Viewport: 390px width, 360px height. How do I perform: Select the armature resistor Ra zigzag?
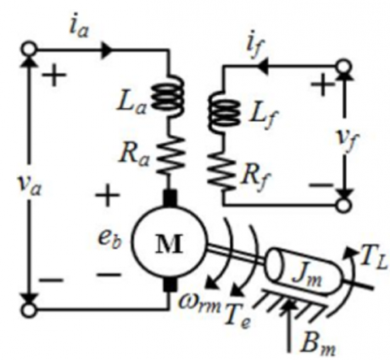(170, 155)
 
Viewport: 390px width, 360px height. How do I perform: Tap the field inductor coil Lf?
(224, 112)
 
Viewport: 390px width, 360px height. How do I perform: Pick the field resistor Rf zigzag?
(222, 170)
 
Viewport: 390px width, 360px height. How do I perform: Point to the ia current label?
(79, 28)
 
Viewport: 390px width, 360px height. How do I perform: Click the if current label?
(253, 50)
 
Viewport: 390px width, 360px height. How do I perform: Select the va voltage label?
(30, 186)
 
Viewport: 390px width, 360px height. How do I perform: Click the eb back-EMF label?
(110, 239)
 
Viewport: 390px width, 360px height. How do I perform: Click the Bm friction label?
(318, 345)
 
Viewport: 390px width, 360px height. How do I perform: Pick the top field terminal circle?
(344, 66)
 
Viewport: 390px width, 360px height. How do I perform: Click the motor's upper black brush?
(170, 198)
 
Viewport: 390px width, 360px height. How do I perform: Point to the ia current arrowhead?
(106, 50)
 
